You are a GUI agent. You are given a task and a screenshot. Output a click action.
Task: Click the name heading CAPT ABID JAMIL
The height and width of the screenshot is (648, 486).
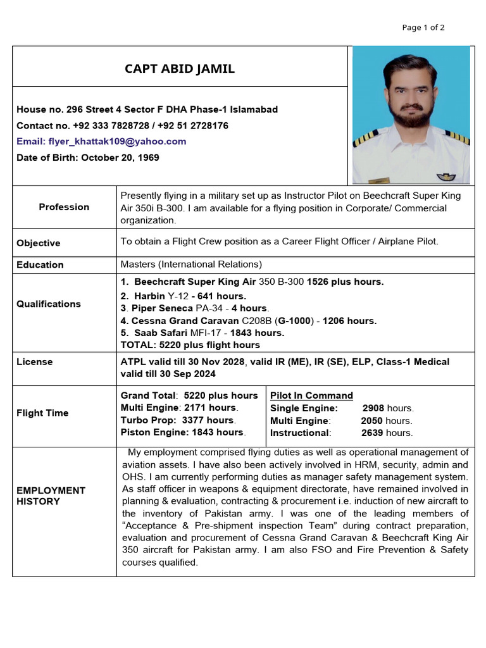[179, 69]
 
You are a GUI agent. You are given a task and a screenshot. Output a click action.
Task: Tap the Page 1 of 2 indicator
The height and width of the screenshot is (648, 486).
[423, 27]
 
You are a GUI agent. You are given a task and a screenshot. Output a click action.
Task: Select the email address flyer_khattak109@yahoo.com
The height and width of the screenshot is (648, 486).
[101, 141]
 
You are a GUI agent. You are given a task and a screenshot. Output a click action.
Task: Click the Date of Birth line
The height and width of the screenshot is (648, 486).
[88, 158]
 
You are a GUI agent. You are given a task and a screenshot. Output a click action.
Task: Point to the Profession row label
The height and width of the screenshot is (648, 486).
[64, 207]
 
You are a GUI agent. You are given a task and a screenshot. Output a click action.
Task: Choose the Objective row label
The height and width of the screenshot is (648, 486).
[39, 243]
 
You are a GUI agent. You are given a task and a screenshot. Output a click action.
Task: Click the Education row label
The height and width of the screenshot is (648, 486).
[40, 265]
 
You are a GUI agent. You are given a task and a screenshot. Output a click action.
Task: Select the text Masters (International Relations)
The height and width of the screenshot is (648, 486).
[191, 265]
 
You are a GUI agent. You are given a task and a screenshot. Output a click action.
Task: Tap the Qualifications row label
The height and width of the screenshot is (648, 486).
[49, 304]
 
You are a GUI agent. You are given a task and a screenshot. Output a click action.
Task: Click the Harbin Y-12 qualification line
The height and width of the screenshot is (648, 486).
[184, 296]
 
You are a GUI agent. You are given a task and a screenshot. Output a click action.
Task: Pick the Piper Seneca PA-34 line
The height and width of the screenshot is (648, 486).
[195, 308]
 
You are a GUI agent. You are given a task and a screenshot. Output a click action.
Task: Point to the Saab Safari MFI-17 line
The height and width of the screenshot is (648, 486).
[202, 333]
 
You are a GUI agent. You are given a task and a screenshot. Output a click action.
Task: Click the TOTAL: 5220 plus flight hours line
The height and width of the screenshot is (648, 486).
[190, 345]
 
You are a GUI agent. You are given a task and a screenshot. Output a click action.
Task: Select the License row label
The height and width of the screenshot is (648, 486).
[35, 362]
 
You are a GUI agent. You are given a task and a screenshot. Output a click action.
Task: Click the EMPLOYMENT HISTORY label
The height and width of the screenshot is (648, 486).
[51, 495]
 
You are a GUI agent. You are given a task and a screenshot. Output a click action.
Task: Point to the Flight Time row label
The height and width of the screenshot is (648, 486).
[42, 413]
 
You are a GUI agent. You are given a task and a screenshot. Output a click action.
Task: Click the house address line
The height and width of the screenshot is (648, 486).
[147, 109]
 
